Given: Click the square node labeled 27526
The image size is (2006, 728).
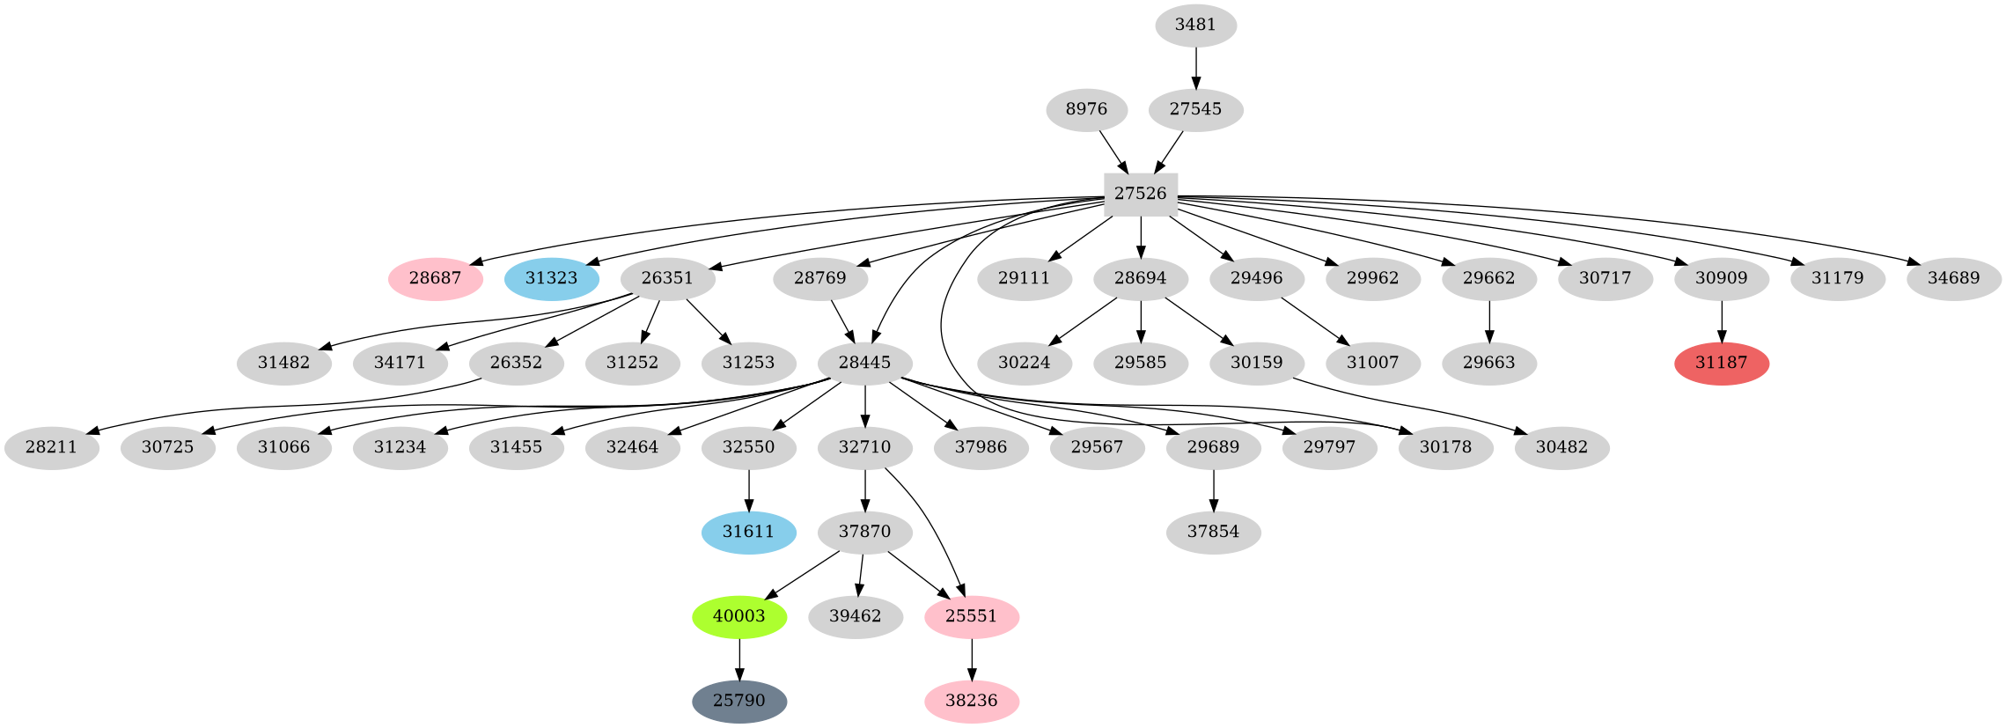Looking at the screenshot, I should (1141, 195).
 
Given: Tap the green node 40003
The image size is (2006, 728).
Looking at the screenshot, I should (739, 616).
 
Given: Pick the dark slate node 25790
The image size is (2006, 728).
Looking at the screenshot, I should (739, 702).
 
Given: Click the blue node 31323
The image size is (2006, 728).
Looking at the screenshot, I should (552, 279).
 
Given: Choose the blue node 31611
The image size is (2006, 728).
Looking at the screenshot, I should (748, 532).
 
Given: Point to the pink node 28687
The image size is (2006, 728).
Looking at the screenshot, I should (436, 279).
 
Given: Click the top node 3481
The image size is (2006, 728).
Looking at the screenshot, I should (1195, 26).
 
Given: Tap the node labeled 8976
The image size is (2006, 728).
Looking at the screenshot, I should (1086, 110).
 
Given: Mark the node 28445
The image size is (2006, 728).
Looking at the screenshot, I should (864, 364).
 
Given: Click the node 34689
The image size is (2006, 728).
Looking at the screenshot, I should (1953, 279).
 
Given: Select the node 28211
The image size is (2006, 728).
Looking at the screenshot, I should (51, 447).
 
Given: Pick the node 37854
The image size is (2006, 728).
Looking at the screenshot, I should (1213, 532).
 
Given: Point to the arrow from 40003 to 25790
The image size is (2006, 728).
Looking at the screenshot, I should (739, 659).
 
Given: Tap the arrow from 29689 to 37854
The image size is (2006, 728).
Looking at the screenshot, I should (1213, 489).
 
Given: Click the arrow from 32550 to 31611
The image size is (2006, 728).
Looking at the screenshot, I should (748, 489).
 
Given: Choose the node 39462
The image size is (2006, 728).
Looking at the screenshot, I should (855, 616).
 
